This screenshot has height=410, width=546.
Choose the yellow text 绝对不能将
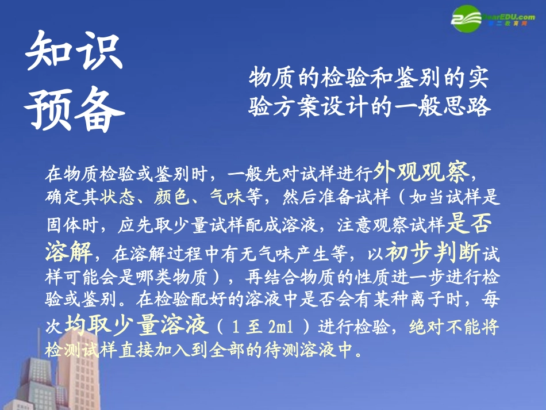click(x=454, y=327)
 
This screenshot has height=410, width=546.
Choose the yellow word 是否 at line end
click(x=468, y=224)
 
